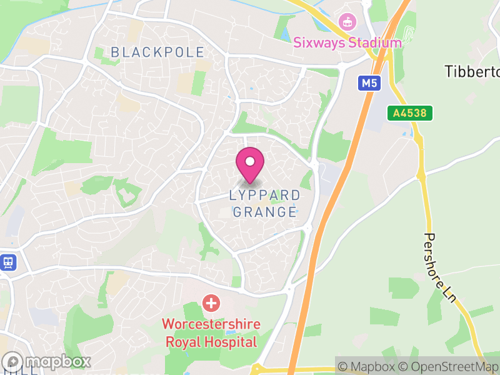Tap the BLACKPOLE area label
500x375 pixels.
pos(157,52)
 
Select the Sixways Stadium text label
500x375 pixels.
pos(347,43)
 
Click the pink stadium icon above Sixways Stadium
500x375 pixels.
pos(346,22)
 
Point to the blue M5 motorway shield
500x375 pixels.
pos(369,83)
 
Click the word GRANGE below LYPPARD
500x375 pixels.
pos(265,212)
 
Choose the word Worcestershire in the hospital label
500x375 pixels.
pos(211,325)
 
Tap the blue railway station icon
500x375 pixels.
pos(8,262)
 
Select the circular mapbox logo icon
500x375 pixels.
pos(13,361)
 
